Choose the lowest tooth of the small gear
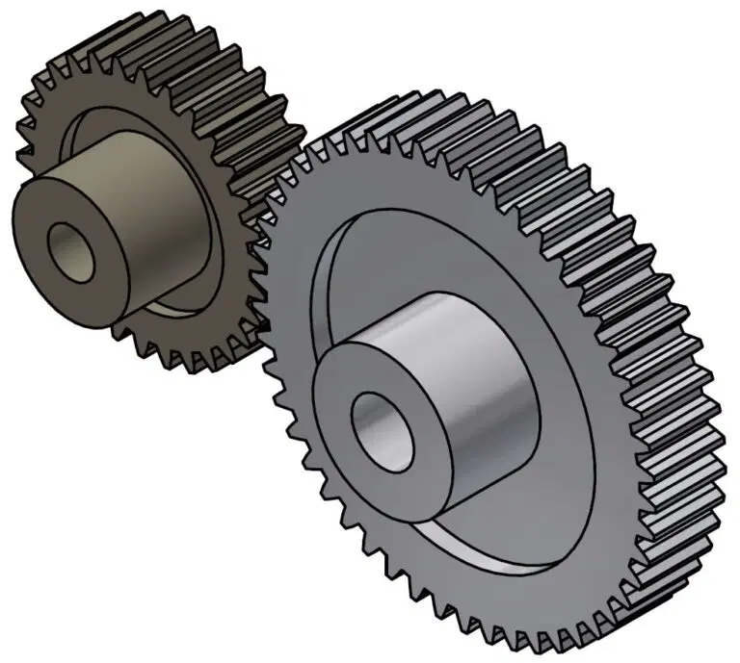183,366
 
